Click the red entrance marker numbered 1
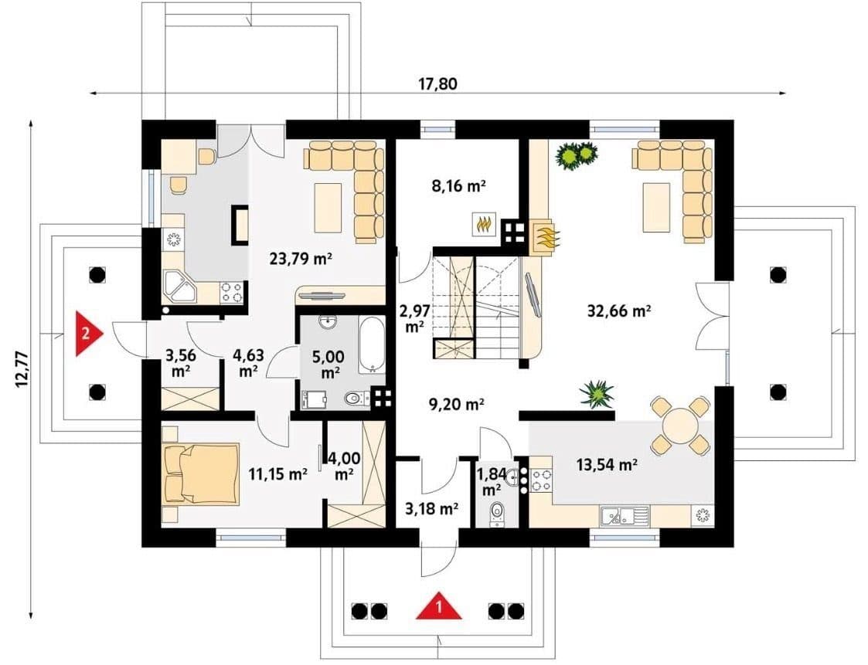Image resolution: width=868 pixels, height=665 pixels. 439,607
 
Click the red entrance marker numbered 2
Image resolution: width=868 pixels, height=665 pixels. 88,333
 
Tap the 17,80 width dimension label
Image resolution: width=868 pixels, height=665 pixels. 438,84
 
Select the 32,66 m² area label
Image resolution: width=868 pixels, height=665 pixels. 618,311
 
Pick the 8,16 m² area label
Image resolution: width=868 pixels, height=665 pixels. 458,186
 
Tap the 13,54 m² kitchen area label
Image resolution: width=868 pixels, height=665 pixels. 607,464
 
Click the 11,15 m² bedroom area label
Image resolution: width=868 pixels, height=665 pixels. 278,473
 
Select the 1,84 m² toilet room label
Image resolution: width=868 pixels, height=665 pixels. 491,481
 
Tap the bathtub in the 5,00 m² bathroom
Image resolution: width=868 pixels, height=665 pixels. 371,344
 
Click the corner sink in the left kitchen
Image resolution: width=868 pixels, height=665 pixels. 179,287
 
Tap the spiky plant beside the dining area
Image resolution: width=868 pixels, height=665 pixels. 596,394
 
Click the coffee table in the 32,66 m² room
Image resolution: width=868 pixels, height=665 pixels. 656,207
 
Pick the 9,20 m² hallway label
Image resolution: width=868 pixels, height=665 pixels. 458,405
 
